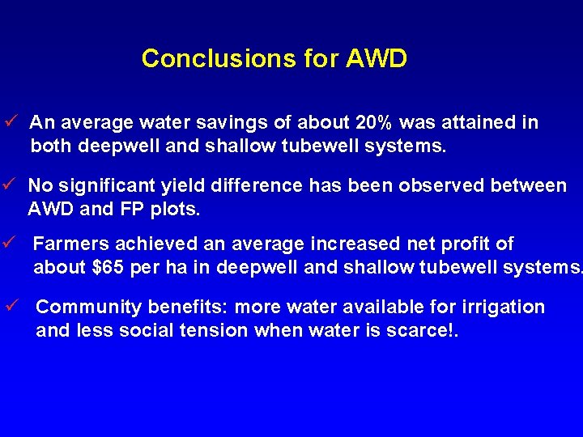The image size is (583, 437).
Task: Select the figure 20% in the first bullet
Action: (x=374, y=123)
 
